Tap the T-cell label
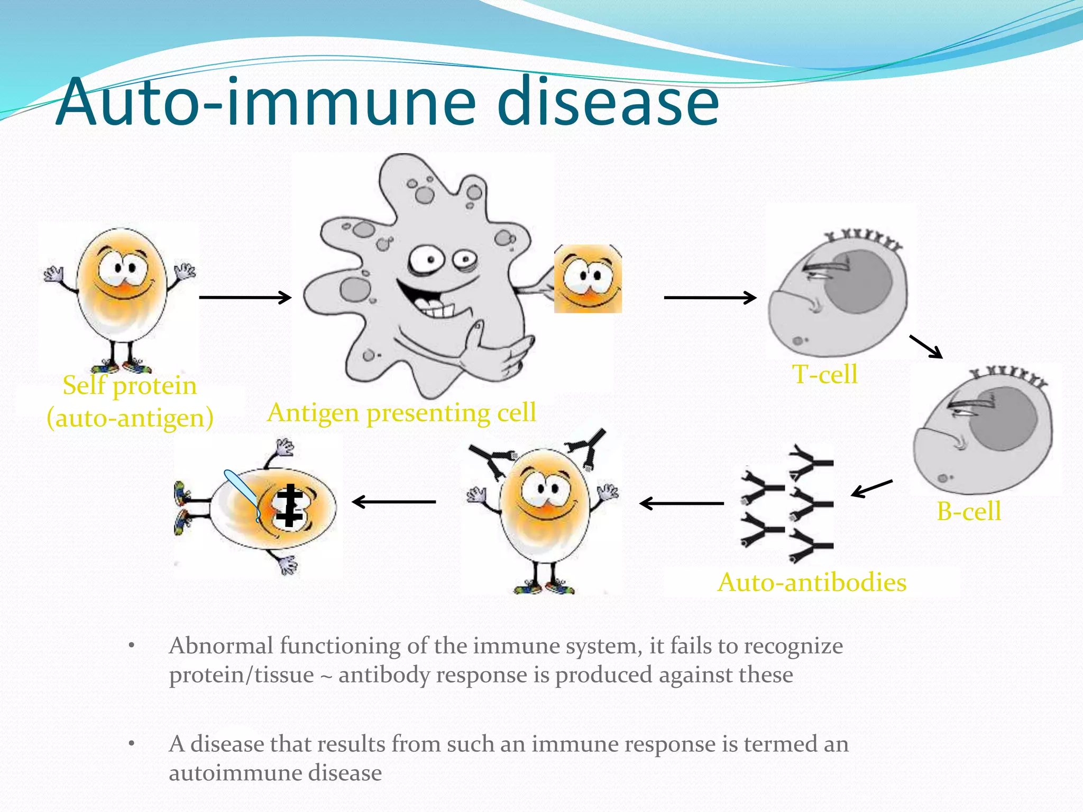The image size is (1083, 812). tap(824, 375)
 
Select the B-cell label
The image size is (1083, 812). tap(969, 511)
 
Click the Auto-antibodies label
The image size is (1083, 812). tap(812, 583)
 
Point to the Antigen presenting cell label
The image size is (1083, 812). tap(401, 413)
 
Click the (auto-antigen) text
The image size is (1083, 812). tap(130, 418)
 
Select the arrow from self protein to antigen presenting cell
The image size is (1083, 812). tap(245, 298)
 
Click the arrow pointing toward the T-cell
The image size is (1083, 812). tap(710, 298)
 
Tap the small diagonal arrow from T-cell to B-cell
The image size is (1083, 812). tap(925, 347)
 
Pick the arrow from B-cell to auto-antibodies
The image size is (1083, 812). tap(871, 488)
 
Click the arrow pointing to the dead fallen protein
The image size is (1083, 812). tap(394, 502)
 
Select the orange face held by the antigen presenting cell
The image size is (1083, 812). tap(588, 279)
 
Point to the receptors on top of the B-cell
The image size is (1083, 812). tap(1007, 377)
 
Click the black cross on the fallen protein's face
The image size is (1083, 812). tap(289, 505)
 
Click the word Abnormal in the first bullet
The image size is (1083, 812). tap(222, 646)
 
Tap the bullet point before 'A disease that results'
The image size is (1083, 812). tap(132, 744)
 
